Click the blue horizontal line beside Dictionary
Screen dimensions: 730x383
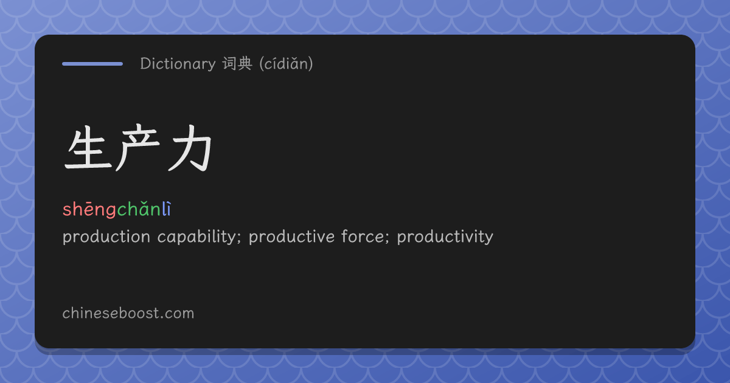click(x=92, y=64)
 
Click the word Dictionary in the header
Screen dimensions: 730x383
click(x=178, y=64)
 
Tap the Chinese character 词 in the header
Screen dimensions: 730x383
click(x=229, y=63)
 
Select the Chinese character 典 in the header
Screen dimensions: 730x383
click(x=245, y=63)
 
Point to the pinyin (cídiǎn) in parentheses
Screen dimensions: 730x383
click(x=286, y=63)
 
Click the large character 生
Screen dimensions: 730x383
click(x=88, y=148)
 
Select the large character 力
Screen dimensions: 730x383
click(x=190, y=148)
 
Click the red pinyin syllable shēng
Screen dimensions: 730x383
click(x=89, y=209)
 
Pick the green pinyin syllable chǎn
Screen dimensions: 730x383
click(x=139, y=209)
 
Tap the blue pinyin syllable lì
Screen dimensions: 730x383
click(x=166, y=209)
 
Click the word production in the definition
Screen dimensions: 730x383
click(x=106, y=236)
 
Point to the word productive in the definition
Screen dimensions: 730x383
click(x=291, y=236)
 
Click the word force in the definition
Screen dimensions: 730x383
click(x=363, y=236)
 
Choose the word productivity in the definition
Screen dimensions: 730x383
click(x=445, y=236)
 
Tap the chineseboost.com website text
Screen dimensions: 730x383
click(x=128, y=313)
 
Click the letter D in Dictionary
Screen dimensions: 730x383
click(x=145, y=63)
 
